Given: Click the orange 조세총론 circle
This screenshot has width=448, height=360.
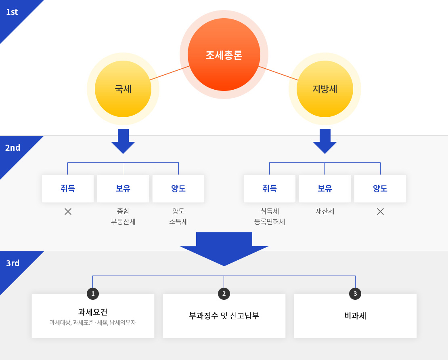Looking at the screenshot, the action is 224,55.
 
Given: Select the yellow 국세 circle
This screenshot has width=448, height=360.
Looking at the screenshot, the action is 123,89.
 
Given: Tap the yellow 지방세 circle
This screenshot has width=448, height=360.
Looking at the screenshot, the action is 325,89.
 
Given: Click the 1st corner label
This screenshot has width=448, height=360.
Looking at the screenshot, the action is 12,12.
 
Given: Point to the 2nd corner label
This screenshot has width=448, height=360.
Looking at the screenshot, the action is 13,147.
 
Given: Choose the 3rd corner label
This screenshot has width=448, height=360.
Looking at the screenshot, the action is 13,263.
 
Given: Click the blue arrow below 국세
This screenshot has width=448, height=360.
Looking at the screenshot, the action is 123,141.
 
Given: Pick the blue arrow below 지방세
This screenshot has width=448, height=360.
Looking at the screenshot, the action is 325,141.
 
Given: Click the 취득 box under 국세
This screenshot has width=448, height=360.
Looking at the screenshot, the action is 68,189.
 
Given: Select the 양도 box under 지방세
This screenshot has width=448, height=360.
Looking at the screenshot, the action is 380,189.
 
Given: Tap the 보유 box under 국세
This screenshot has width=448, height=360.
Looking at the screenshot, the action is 123,189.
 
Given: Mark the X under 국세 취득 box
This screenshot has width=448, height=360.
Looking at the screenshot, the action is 68,212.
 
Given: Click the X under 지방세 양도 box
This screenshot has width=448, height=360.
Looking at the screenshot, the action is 380,212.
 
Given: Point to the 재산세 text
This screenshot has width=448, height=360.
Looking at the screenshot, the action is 325,211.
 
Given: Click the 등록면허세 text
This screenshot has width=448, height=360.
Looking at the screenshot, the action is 270,222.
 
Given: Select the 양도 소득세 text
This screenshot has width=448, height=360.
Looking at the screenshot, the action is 178,217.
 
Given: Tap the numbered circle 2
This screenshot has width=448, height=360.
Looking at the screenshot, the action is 224,294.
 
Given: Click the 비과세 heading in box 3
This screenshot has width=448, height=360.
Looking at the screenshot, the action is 355,316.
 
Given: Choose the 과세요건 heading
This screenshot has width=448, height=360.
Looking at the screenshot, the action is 93,312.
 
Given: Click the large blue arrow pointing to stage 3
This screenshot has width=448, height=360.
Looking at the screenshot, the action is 224,249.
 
